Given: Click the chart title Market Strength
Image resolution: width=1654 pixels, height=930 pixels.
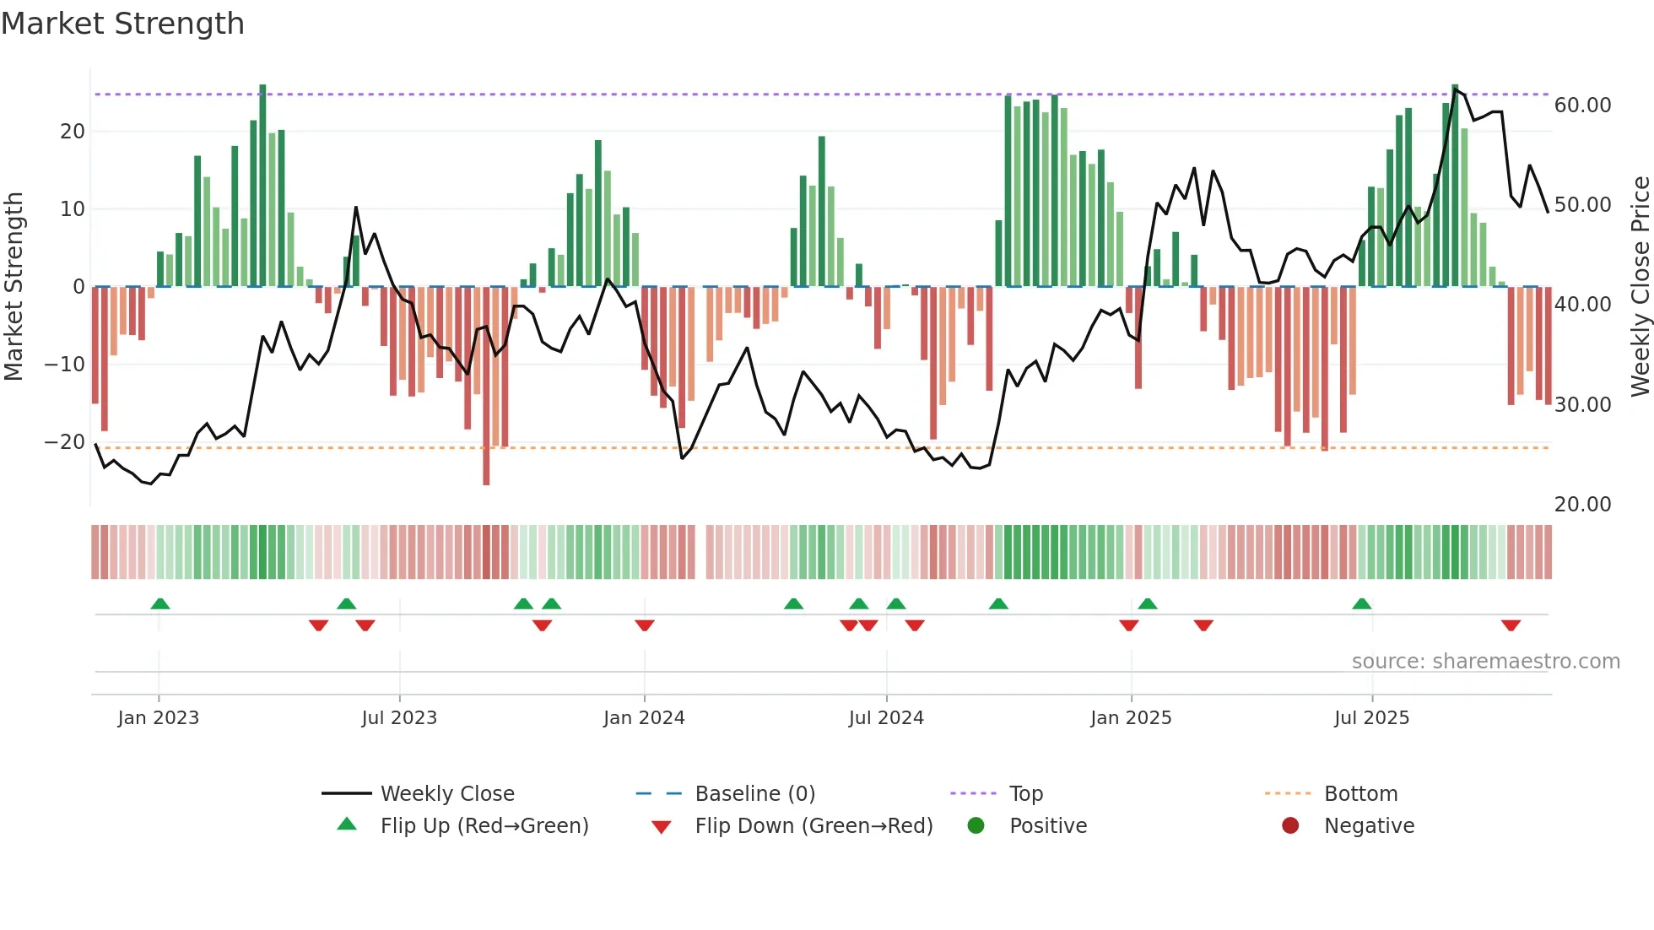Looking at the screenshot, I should coord(122,24).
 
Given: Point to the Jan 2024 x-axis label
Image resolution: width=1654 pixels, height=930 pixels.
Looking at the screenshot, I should coord(644,718).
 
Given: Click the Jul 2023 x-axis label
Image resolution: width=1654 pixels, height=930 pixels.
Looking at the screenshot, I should coord(399,718).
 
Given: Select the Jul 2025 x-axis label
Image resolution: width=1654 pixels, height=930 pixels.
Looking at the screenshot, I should coord(1371,718).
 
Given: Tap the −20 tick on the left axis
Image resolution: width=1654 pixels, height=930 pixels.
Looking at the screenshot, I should coord(65,442).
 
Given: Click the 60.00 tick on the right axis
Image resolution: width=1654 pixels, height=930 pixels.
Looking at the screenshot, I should coord(1582,105).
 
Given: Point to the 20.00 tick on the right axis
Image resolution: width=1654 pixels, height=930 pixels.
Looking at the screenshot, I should coord(1582,505).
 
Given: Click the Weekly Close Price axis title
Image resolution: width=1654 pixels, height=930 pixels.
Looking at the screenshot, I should coord(1640,287).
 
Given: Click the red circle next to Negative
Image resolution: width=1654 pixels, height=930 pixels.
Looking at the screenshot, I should coord(1290,825).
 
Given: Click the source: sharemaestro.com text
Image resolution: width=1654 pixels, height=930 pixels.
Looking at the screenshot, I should coord(1485,662).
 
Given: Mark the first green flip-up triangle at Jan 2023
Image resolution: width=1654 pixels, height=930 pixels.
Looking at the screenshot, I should coord(160,603).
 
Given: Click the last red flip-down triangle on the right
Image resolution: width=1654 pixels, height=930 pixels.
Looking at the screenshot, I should coord(1511,625).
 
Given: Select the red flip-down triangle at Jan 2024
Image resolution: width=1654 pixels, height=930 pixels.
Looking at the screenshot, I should coord(645,625).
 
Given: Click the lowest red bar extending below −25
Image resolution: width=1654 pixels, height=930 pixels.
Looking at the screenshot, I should coord(486,473).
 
